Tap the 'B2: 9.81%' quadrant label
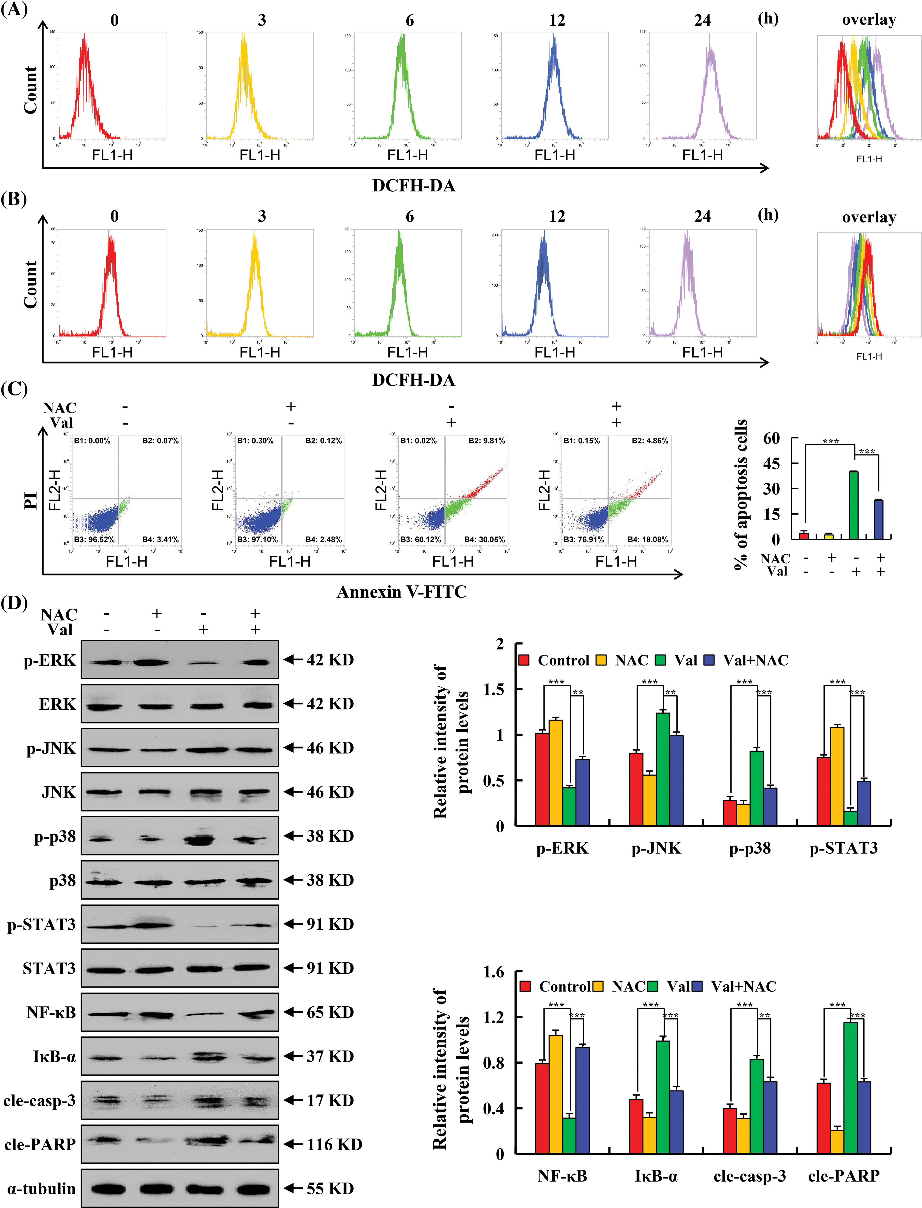[x=486, y=441]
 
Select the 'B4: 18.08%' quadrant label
[x=648, y=540]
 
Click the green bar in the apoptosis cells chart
[x=853, y=505]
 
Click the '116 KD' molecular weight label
[x=334, y=1144]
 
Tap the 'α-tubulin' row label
[x=41, y=1188]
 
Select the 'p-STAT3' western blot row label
[x=41, y=924]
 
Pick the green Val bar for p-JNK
[x=663, y=768]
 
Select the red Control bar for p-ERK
[x=542, y=779]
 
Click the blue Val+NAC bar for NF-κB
[x=582, y=1101]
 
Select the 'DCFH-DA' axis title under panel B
[x=413, y=380]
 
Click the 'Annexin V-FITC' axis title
[x=402, y=592]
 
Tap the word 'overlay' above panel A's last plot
[x=869, y=20]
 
